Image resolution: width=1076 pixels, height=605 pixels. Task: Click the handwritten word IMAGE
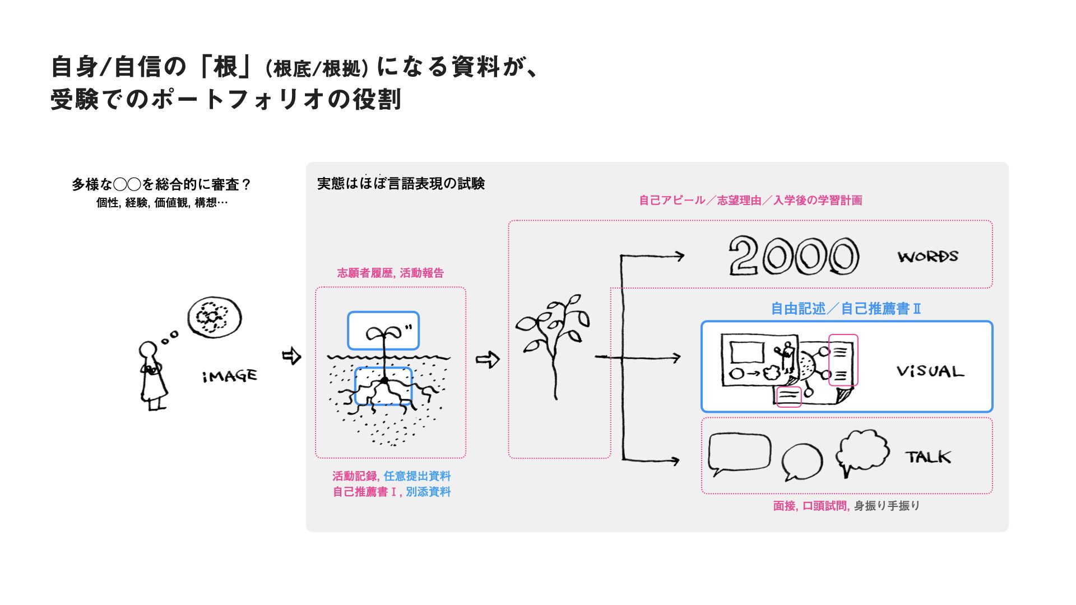[x=230, y=376]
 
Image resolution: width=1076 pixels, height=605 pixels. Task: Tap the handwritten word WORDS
[x=928, y=257]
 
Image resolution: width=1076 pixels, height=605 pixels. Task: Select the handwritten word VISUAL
[x=930, y=371]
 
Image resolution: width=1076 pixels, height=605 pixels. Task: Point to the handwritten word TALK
[x=928, y=457]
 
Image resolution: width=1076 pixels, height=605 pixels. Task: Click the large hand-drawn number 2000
[x=794, y=255]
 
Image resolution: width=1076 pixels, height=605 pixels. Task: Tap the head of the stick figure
[x=148, y=350]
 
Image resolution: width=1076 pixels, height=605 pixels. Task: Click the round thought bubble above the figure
[x=214, y=317]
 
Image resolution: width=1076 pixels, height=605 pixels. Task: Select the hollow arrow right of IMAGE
[x=291, y=356]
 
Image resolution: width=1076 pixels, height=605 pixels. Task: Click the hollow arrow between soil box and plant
[x=487, y=359]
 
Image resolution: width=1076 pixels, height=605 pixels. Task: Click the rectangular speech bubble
[x=739, y=452]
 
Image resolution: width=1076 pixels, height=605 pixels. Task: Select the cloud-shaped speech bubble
[x=862, y=450]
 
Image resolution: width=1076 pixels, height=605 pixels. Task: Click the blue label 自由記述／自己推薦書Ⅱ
[x=846, y=309]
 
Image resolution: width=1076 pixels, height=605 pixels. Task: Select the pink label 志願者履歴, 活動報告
[x=390, y=273]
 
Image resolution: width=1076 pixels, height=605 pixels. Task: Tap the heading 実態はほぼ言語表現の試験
[x=401, y=184]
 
